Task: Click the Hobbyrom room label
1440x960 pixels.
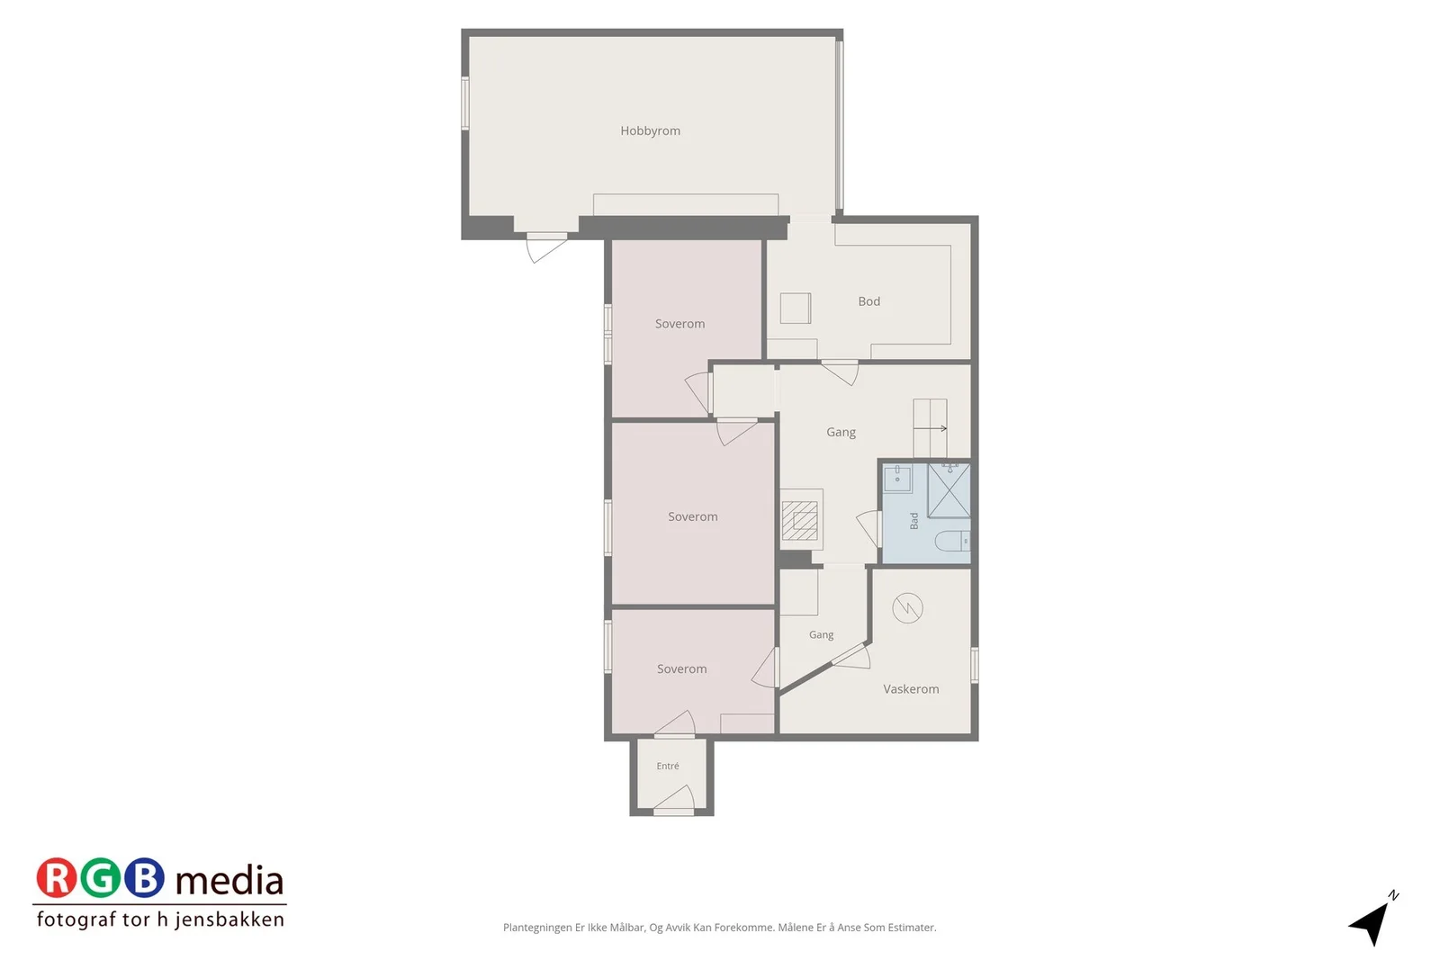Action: pyautogui.click(x=650, y=131)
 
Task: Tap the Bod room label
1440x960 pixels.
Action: pyautogui.click(x=869, y=301)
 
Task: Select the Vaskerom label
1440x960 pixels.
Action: pyautogui.click(x=911, y=689)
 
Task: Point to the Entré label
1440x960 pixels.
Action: pyautogui.click(x=668, y=766)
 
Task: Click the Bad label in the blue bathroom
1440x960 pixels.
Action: pyautogui.click(x=914, y=520)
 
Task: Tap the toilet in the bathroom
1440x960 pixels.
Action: pyautogui.click(x=951, y=541)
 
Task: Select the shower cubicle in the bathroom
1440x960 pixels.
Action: pyautogui.click(x=949, y=490)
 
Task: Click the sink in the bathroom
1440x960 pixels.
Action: pyautogui.click(x=897, y=478)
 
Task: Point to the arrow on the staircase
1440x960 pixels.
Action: pyautogui.click(x=931, y=428)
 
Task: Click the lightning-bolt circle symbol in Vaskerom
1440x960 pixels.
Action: pyautogui.click(x=908, y=608)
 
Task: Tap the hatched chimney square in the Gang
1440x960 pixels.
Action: pyautogui.click(x=800, y=520)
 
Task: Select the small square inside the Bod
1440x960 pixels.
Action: pyautogui.click(x=796, y=309)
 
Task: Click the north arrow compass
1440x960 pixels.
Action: pyautogui.click(x=1373, y=920)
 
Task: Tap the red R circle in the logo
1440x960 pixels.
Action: pyautogui.click(x=56, y=878)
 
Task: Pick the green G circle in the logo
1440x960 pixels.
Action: pyautogui.click(x=100, y=878)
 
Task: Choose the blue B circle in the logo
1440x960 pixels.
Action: pyautogui.click(x=144, y=878)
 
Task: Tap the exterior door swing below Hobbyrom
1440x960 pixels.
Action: pyautogui.click(x=546, y=248)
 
